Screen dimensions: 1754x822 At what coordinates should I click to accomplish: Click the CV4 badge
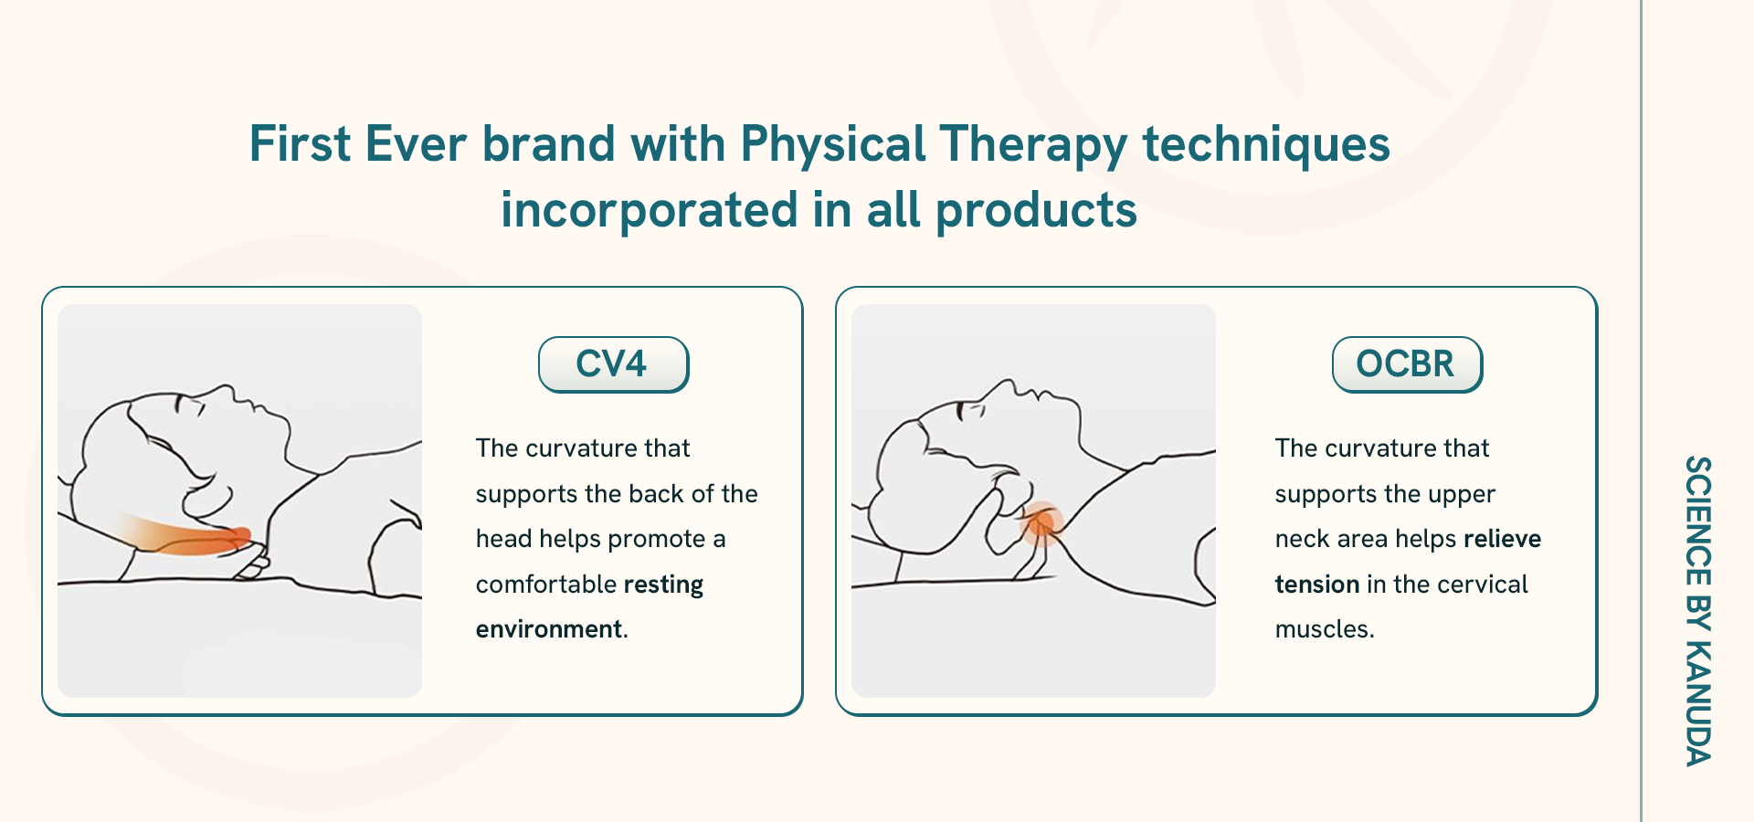(x=613, y=364)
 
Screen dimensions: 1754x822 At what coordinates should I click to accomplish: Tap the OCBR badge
(x=1407, y=364)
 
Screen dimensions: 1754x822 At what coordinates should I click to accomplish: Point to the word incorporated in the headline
(x=649, y=211)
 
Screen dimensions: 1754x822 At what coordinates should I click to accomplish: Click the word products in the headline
(x=1036, y=211)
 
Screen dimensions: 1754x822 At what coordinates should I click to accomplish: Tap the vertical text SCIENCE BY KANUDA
(x=1697, y=611)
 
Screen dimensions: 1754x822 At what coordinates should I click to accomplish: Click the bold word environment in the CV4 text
(x=548, y=629)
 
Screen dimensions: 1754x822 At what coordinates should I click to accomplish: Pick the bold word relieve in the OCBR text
(x=1502, y=539)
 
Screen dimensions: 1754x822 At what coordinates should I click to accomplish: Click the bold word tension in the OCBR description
(x=1317, y=585)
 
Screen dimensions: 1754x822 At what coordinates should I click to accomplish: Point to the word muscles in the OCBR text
(x=1322, y=629)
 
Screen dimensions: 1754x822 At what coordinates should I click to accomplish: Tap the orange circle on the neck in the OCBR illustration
(x=1041, y=523)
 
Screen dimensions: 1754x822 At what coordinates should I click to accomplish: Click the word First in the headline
(x=300, y=144)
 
